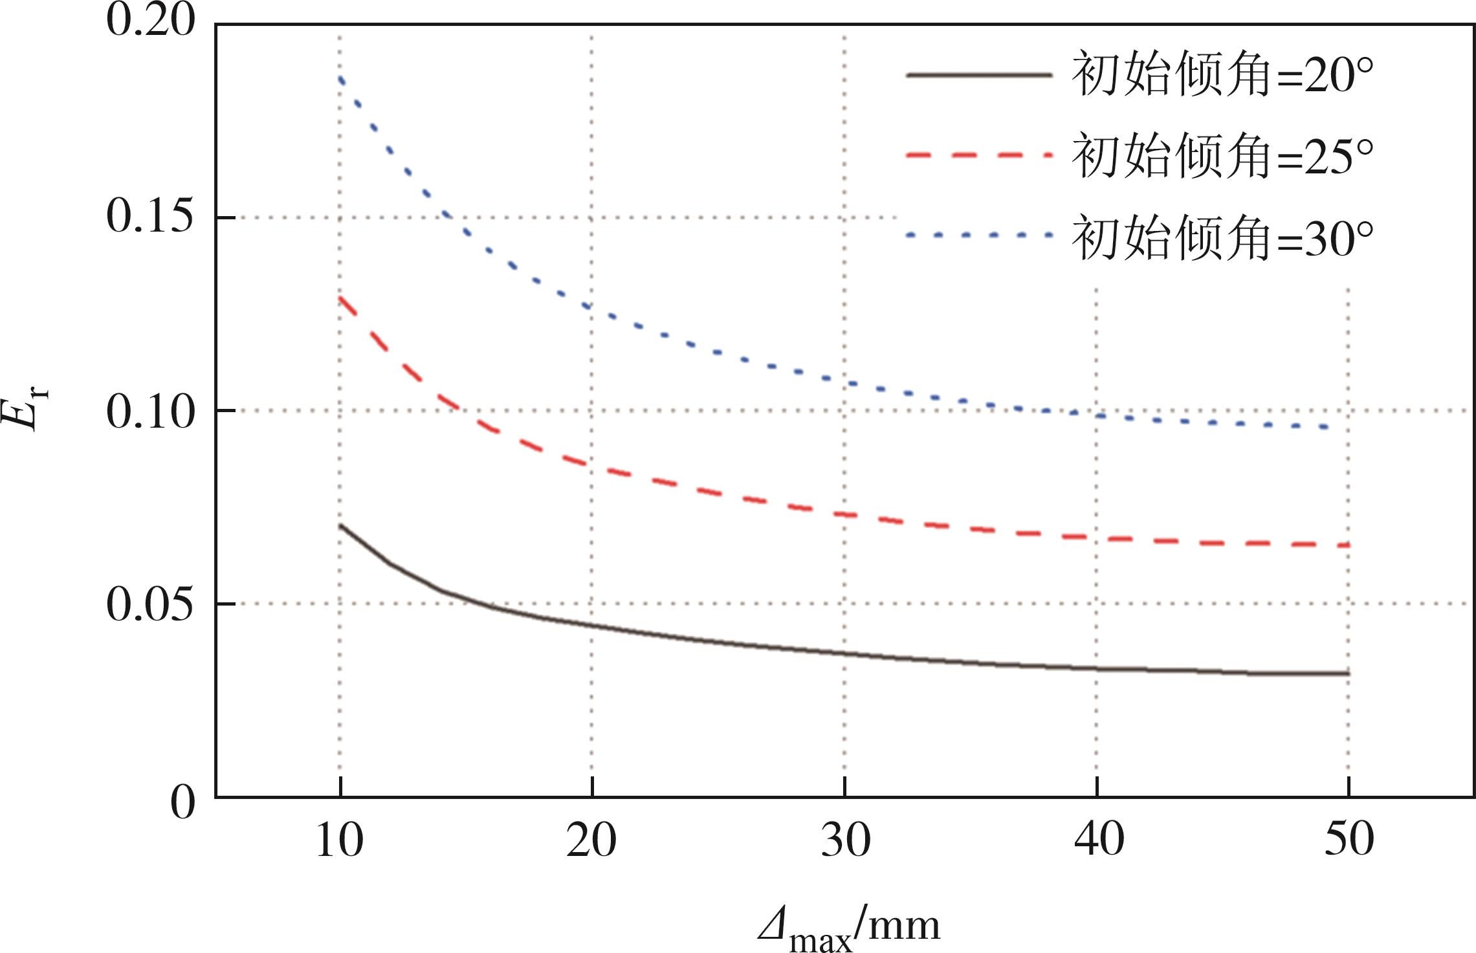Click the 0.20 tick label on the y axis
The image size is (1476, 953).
(x=150, y=21)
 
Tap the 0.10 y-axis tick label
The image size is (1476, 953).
(x=150, y=411)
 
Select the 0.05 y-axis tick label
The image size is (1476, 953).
(x=150, y=606)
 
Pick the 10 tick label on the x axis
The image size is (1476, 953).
(x=339, y=841)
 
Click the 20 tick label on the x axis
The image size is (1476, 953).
(x=591, y=841)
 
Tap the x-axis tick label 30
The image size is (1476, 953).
(x=845, y=841)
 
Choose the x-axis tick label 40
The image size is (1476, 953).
(x=1098, y=841)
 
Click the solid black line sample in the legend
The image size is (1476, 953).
(x=979, y=75)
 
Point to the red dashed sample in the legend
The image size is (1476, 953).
(x=979, y=156)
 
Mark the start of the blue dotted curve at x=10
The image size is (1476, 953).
(x=340, y=79)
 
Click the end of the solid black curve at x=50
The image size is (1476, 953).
(x=1347, y=674)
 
